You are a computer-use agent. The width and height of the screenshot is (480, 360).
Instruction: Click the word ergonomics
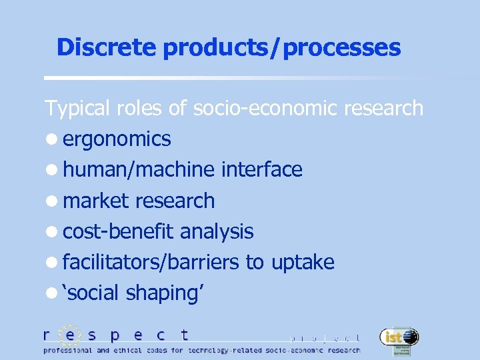point(117,139)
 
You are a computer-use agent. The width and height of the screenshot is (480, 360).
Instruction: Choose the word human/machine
point(139,170)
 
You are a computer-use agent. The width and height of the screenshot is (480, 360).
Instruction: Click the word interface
point(261,170)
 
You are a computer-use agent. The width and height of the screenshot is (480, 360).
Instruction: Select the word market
point(96,201)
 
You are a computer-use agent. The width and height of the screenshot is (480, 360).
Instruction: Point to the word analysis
point(217,231)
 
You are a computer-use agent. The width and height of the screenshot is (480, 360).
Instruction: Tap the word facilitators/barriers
point(151,262)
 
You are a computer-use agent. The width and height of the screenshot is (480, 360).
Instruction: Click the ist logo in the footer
point(399,338)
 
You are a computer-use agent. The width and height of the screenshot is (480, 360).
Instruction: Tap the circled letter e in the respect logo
point(69,335)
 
